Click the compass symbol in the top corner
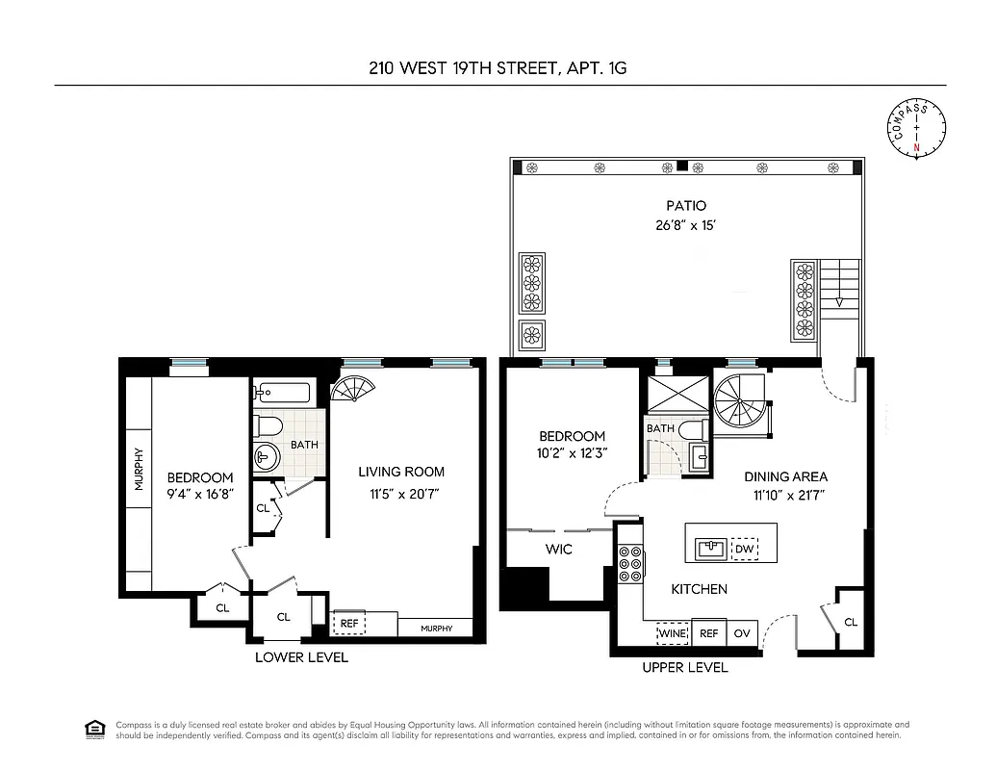(916, 128)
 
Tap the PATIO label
(686, 205)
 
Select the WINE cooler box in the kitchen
(673, 633)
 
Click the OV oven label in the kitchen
(742, 633)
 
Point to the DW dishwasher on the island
(744, 550)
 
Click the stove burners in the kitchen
(630, 563)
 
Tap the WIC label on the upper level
(559, 550)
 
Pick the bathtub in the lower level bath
(283, 393)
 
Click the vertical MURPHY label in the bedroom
(140, 470)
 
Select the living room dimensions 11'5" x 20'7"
(401, 496)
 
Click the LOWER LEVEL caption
(301, 657)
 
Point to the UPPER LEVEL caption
(685, 667)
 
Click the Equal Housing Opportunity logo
(95, 728)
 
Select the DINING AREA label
(785, 476)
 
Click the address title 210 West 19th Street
(498, 68)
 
